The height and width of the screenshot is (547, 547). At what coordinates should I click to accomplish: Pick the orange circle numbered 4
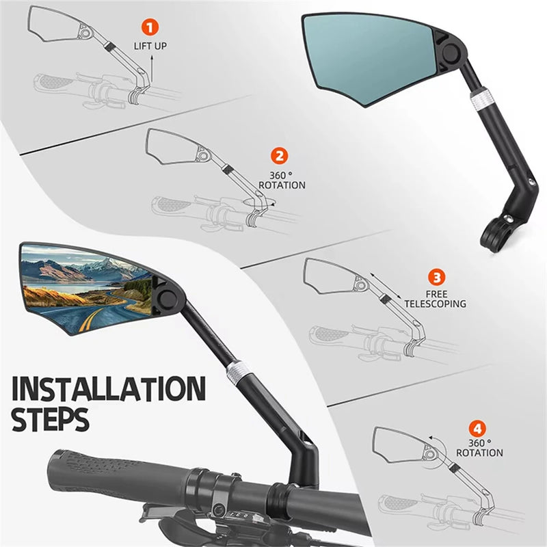(477, 429)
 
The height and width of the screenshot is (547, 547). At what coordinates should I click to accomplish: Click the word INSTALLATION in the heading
(109, 388)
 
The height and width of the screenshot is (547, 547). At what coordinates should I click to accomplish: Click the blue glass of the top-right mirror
(370, 58)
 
